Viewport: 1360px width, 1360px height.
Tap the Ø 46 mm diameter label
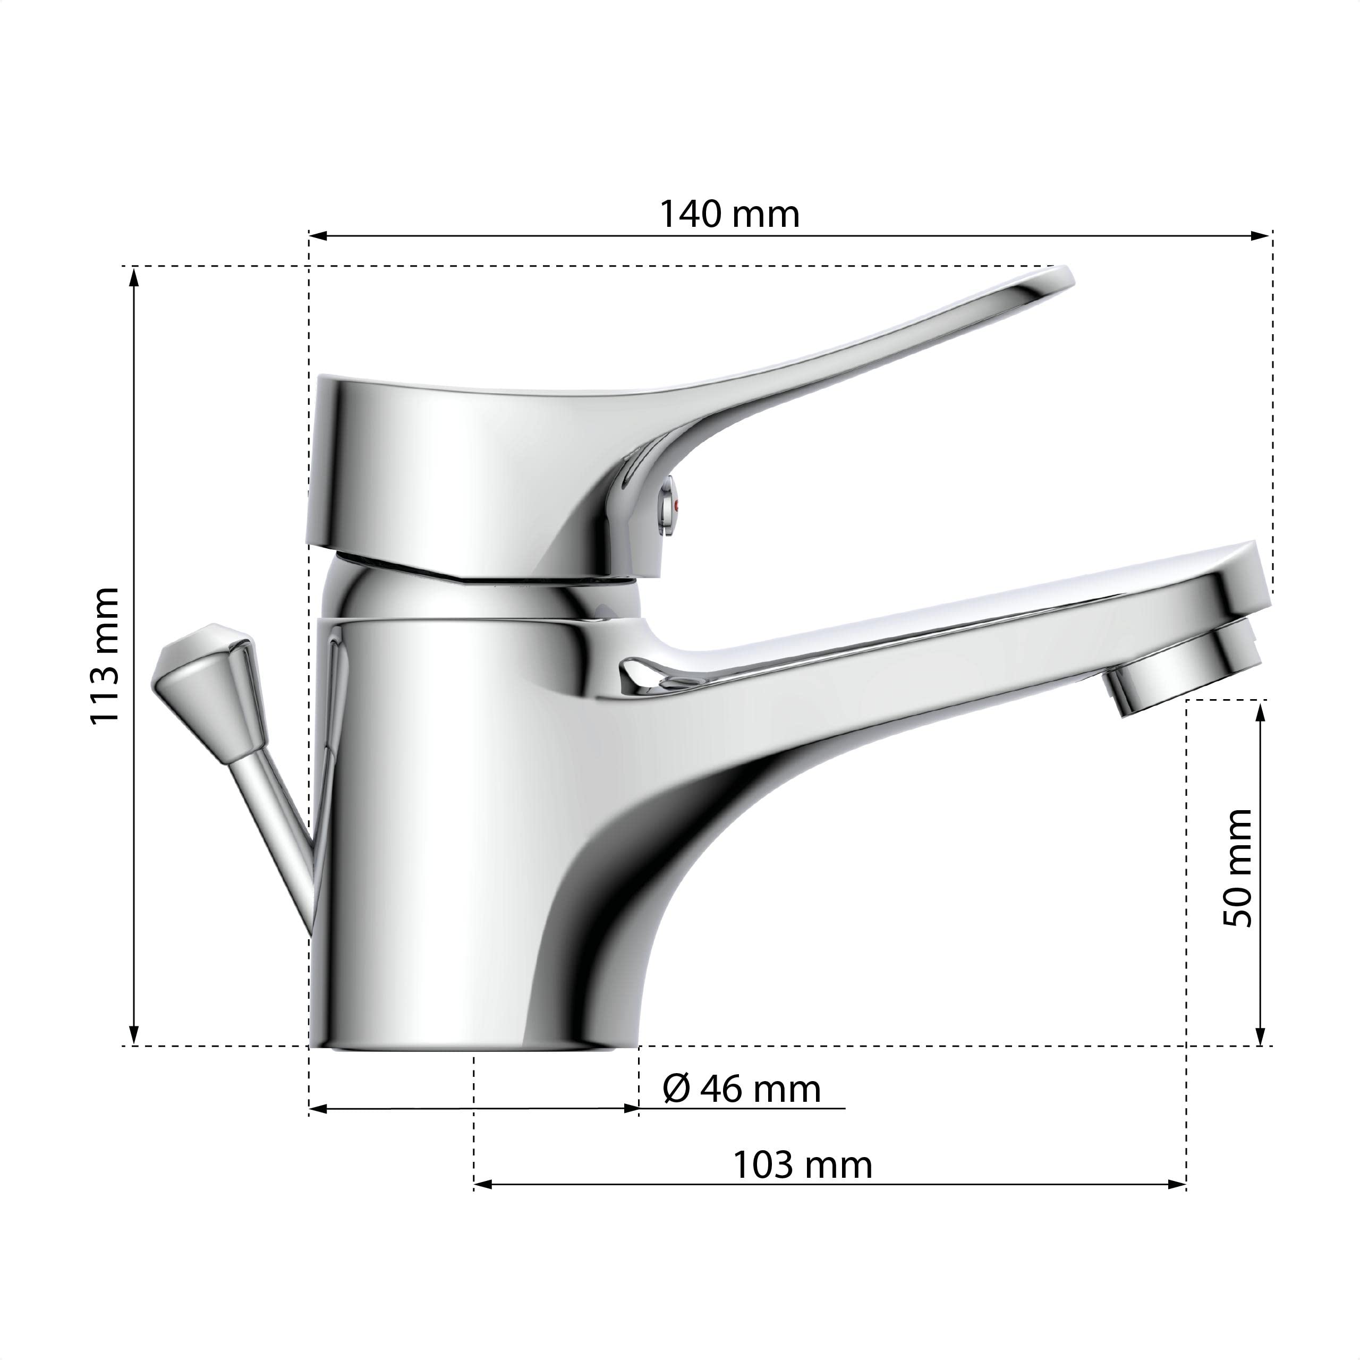click(x=741, y=1089)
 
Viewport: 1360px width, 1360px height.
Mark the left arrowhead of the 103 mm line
click(x=483, y=1185)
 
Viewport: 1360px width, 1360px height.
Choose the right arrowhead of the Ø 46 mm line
click(x=631, y=1109)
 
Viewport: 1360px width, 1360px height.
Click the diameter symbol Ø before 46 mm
click(x=676, y=1090)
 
